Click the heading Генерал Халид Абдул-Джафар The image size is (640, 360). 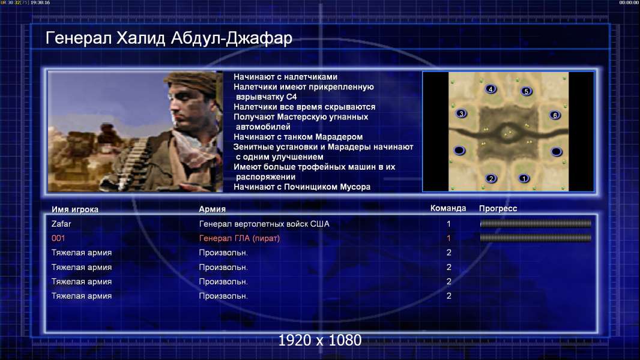coord(169,38)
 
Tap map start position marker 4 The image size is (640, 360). coord(491,89)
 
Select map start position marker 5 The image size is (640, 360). coord(526,91)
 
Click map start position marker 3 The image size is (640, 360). coord(461,114)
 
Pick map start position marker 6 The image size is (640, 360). coord(555,115)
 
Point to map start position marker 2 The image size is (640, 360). coord(491,178)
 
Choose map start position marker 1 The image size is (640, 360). coord(524,178)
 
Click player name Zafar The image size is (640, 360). coord(61,224)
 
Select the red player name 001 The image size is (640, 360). coord(58,238)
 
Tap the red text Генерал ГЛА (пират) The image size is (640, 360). coord(240,239)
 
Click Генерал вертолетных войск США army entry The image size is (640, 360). coord(264,224)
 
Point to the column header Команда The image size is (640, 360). coord(448,208)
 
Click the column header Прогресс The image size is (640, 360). coord(498,209)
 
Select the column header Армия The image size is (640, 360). coord(213,209)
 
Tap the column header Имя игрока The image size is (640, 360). coord(74,209)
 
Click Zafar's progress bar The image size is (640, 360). coord(536,223)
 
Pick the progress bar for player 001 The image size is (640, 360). coord(536,238)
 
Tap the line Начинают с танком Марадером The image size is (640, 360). coord(298,137)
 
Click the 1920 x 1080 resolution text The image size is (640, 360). coord(319,340)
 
